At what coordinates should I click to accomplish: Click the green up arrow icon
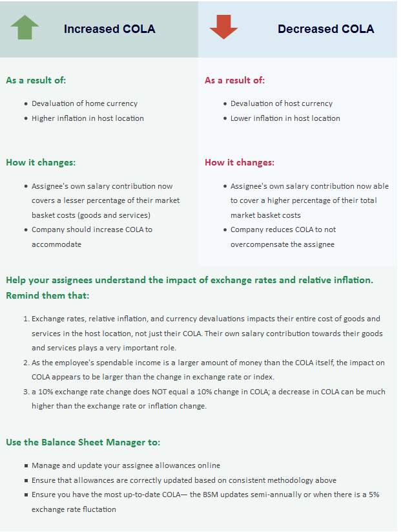(x=25, y=28)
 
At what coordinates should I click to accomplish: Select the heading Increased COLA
(x=109, y=29)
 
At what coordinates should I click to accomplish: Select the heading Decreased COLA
(x=325, y=29)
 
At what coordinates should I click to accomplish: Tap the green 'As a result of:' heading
(x=36, y=81)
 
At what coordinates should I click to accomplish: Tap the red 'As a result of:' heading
(x=235, y=81)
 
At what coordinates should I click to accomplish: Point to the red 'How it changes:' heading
(x=240, y=163)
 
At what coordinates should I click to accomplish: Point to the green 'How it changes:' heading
(x=41, y=163)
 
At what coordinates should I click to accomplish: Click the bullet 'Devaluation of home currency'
(x=85, y=103)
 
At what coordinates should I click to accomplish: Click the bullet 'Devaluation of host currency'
(x=282, y=103)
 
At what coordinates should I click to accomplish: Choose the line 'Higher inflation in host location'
(x=88, y=118)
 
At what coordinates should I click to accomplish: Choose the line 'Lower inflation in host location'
(x=285, y=118)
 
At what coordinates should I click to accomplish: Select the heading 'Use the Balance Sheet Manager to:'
(x=83, y=442)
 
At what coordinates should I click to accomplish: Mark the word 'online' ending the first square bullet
(x=209, y=465)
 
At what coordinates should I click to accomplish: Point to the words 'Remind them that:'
(x=48, y=295)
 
